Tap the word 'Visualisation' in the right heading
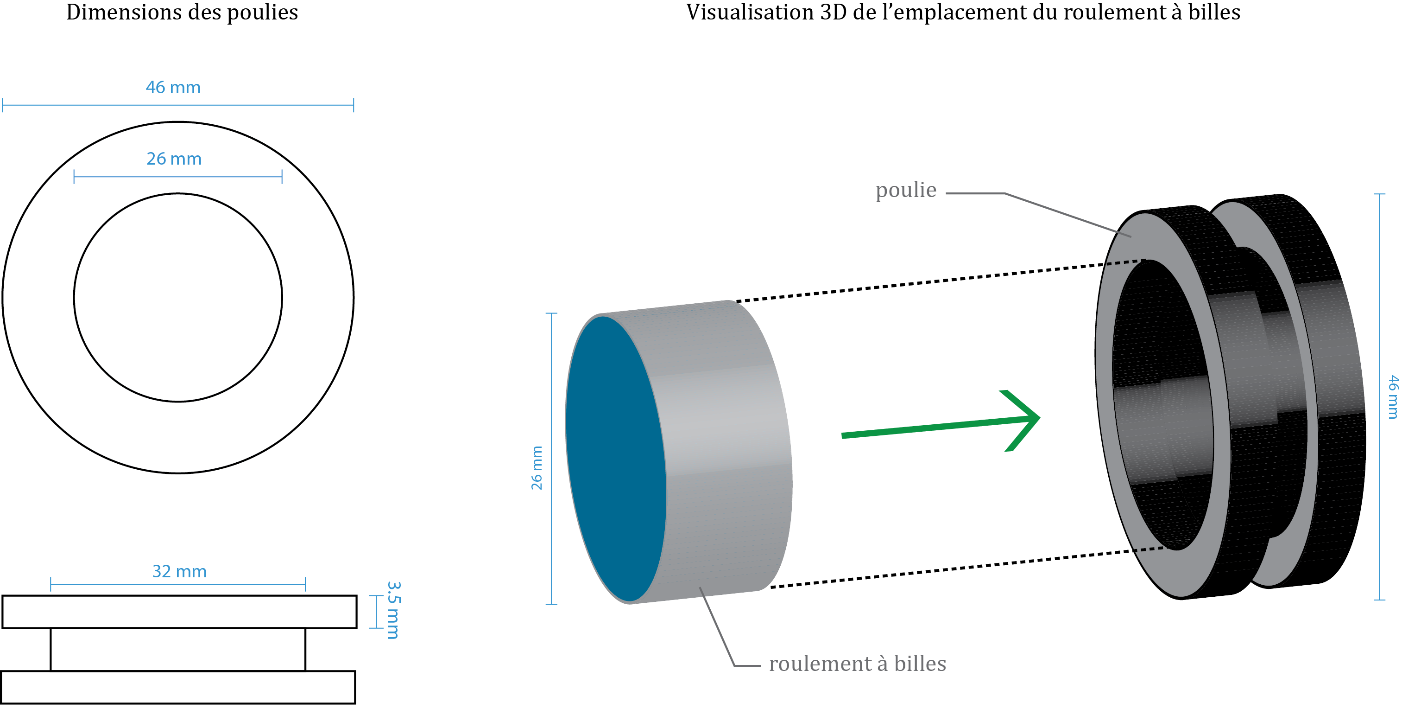[750, 13]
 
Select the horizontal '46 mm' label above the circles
[173, 88]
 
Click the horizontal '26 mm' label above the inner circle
[174, 159]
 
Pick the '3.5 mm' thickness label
[393, 610]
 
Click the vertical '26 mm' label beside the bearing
[537, 468]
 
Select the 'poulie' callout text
[906, 190]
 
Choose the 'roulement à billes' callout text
[857, 664]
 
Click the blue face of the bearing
[615, 457]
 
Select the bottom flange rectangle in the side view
[178, 688]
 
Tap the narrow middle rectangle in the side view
[178, 650]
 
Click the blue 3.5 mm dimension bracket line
[377, 612]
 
